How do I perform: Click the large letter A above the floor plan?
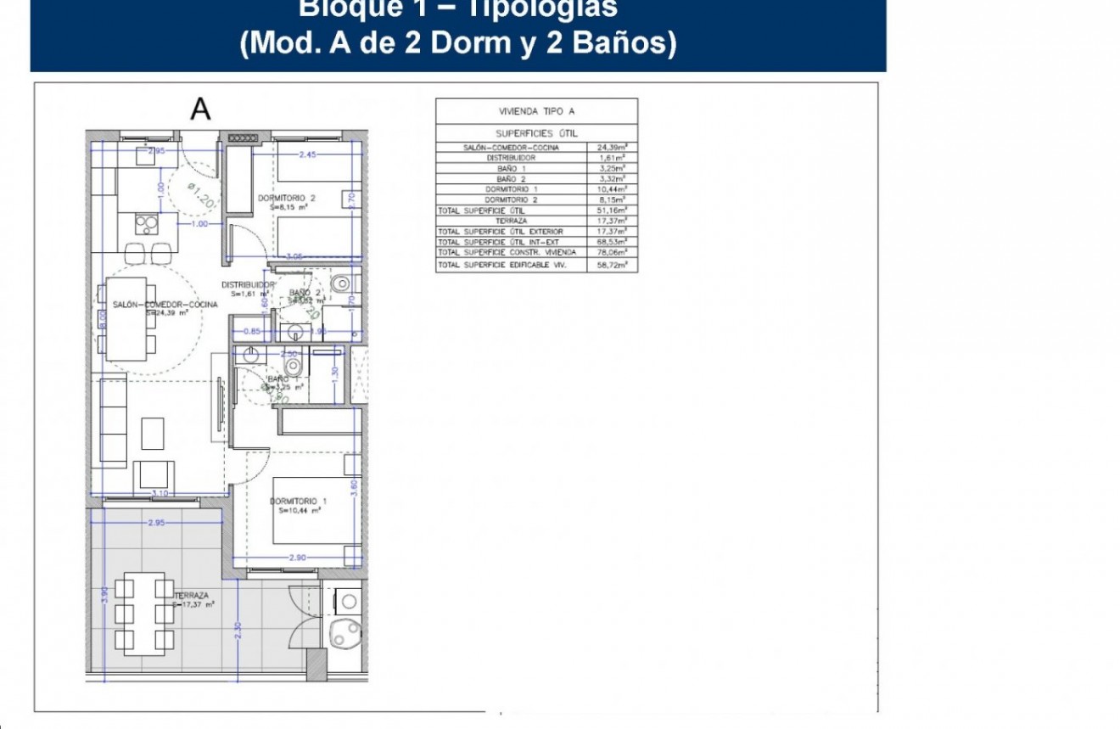coord(200,109)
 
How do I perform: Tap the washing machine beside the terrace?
coord(348,601)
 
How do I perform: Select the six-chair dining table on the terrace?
coord(144,613)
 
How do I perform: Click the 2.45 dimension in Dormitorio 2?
coord(306,154)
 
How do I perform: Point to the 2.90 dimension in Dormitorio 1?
coord(296,558)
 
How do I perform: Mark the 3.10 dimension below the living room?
coord(159,492)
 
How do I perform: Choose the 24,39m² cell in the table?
coord(611,147)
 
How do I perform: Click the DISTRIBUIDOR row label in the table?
coord(511,158)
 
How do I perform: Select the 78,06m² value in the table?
coord(611,252)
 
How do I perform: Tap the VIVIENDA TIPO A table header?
coord(536,111)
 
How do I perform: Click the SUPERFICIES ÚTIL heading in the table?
coord(536,134)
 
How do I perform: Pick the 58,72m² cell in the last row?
coord(611,266)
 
